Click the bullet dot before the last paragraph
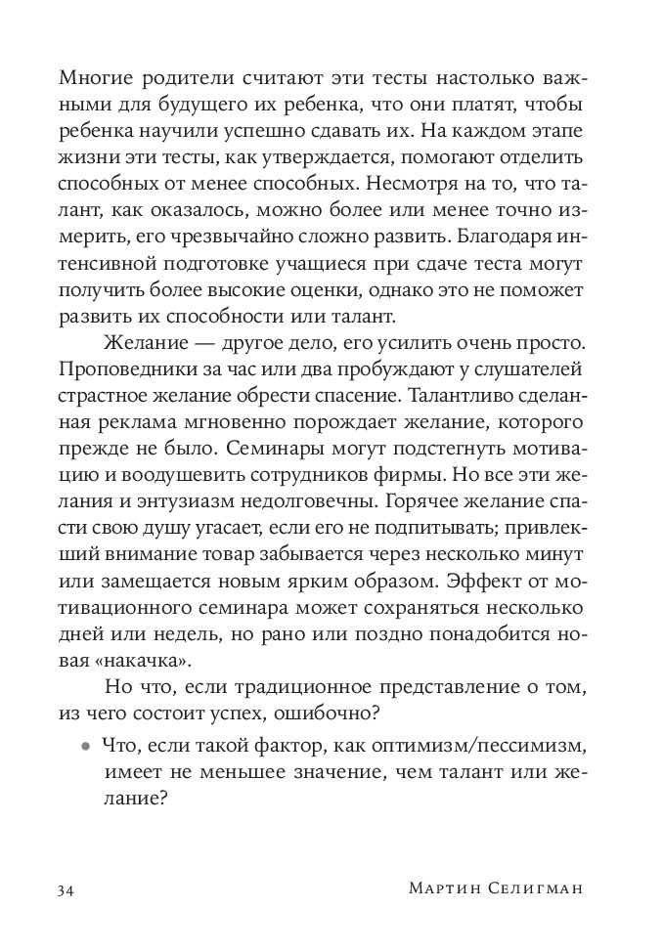click(x=85, y=745)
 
